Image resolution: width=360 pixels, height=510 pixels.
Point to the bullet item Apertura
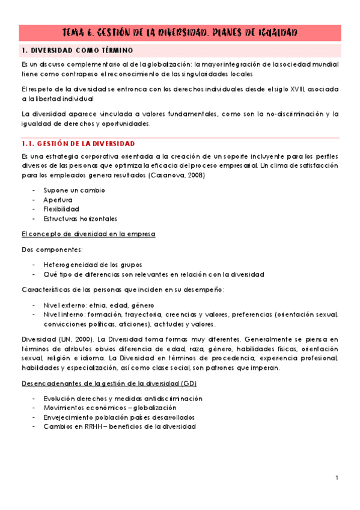pos(58,200)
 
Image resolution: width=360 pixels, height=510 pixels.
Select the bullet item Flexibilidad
pos(61,209)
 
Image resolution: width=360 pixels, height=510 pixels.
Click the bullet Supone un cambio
pos(74,190)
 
